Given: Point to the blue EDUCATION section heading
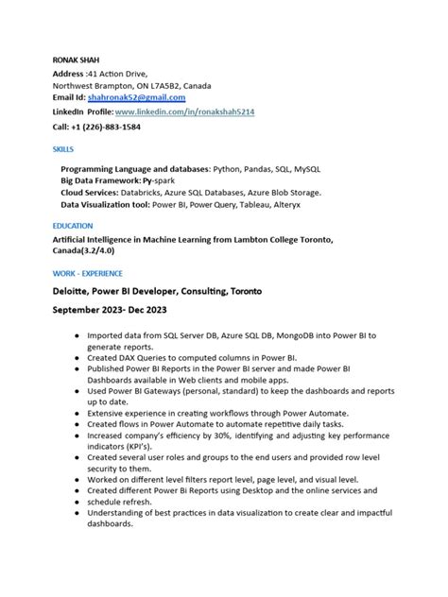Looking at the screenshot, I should click(73, 226).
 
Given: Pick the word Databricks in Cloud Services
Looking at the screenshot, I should click(158, 190).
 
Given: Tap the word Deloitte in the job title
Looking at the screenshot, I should click(77, 291).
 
